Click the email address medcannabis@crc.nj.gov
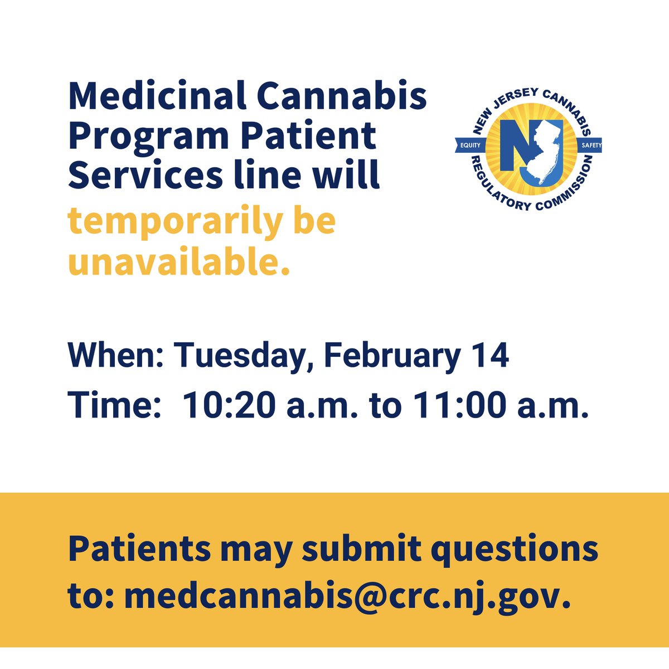[x=347, y=595]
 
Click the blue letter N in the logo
[x=513, y=149]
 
